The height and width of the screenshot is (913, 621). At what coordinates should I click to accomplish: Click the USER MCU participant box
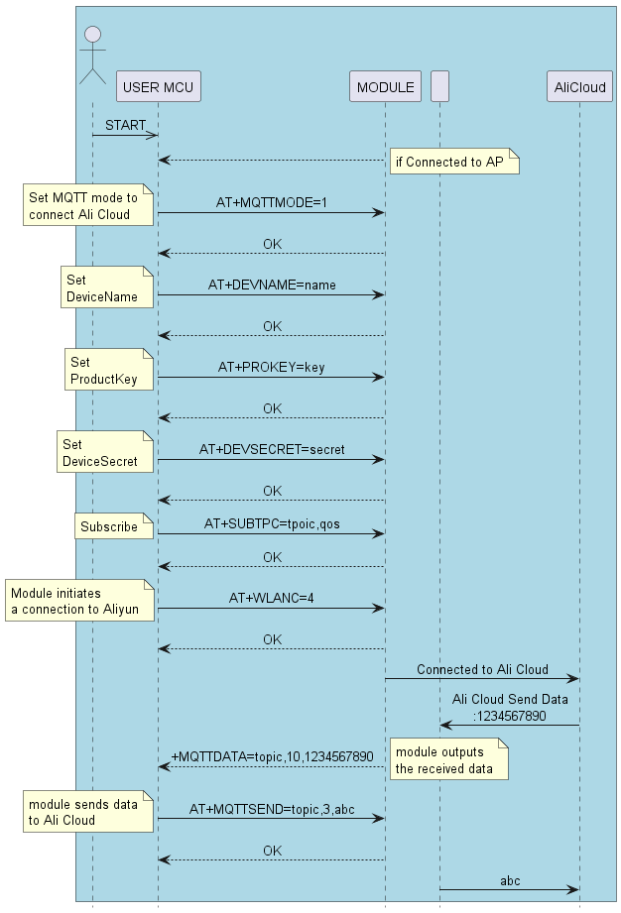158,87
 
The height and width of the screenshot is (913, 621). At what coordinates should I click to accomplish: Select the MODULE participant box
385,87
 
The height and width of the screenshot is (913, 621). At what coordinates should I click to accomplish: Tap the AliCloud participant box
579,87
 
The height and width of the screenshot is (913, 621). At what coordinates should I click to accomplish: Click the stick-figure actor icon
92,55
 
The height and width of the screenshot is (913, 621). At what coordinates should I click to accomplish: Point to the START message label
125,125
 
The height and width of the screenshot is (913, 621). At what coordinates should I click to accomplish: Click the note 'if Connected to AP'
454,162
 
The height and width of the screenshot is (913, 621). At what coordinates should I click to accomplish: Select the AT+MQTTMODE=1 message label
272,202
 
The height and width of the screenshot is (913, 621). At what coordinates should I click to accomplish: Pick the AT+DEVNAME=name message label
272,285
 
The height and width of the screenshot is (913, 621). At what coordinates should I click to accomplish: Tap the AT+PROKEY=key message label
272,367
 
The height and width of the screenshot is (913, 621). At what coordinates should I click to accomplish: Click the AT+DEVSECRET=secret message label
272,449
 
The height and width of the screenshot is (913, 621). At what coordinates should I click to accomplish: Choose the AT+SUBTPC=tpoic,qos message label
272,523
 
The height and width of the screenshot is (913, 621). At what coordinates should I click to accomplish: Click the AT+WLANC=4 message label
272,598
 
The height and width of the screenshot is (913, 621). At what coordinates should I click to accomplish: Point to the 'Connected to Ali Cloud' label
482,670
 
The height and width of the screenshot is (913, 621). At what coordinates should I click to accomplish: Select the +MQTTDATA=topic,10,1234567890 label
273,755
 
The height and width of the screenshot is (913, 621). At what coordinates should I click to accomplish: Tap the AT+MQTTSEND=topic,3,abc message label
272,809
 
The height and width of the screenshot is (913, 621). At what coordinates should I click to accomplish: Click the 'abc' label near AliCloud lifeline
510,880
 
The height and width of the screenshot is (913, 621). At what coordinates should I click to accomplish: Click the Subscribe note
113,526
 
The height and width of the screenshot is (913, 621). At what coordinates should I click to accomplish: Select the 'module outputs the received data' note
449,760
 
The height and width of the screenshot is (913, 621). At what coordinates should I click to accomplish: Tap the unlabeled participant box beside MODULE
439,87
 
